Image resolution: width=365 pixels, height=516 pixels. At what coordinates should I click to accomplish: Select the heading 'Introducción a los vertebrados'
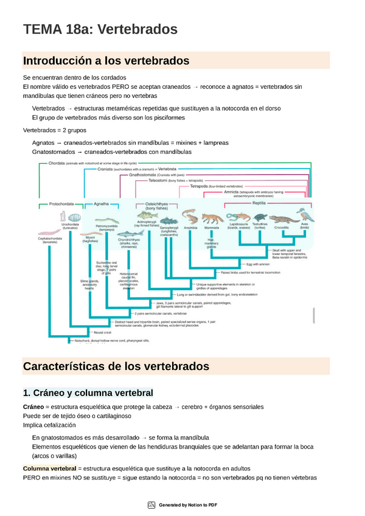(106, 61)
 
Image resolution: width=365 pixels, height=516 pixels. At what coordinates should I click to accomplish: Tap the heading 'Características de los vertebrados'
(116, 366)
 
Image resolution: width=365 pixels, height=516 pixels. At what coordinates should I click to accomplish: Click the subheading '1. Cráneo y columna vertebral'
(88, 392)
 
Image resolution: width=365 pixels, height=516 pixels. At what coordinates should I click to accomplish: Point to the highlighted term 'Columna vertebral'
(49, 469)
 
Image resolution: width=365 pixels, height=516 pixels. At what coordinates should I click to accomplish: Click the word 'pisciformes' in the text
(164, 118)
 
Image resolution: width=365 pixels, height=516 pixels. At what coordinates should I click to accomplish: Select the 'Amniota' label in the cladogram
(231, 192)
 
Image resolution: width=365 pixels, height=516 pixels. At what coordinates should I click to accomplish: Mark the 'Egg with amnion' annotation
(257, 265)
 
